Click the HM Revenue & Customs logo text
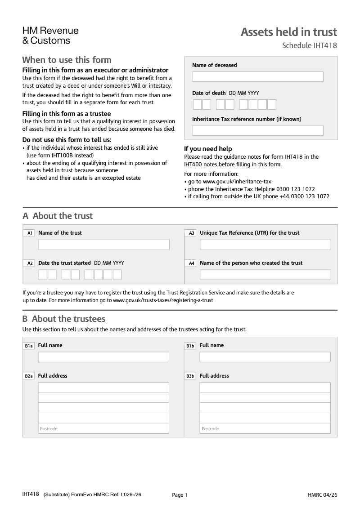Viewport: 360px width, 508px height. pos(50,36)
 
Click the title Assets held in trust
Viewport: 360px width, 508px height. pos(288,32)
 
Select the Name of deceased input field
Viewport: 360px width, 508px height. pos(257,77)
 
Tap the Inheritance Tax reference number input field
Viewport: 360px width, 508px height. pos(257,130)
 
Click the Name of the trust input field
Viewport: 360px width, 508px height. pos(103,245)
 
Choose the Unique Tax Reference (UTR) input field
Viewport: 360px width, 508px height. pos(265,245)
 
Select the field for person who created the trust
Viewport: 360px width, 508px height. pos(265,275)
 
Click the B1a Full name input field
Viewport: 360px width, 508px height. pos(103,357)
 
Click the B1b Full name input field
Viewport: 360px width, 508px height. pos(265,357)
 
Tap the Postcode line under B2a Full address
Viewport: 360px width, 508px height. pos(103,428)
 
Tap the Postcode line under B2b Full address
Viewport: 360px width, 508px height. pos(265,428)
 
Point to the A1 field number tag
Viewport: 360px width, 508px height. pos(29,233)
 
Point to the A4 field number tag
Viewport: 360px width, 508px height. pos(191,263)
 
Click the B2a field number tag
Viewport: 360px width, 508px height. pos(29,376)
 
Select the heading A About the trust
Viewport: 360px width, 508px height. pos(58,216)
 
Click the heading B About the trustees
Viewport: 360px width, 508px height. pos(64,319)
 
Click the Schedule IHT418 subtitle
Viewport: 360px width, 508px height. pos(309,45)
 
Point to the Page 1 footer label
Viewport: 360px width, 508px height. pos(180,495)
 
